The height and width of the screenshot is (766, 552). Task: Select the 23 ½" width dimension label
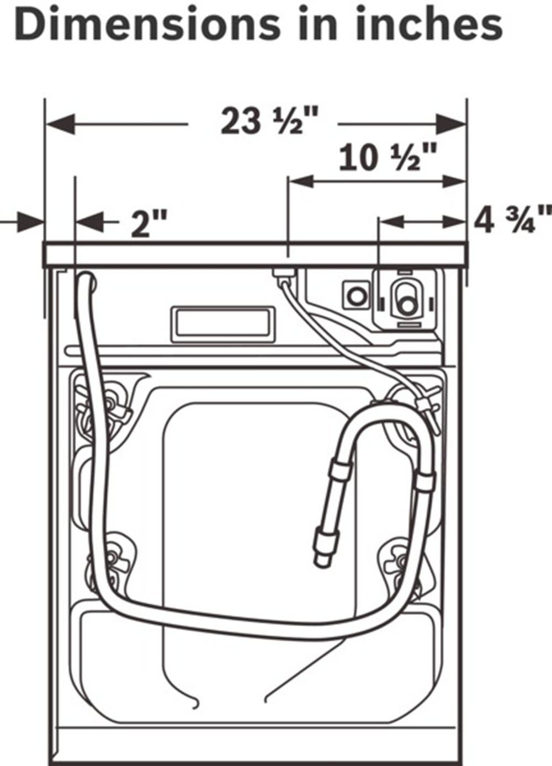pyautogui.click(x=269, y=121)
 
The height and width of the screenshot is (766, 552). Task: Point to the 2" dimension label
pyautogui.click(x=149, y=224)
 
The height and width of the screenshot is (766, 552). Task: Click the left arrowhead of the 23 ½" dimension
pyautogui.click(x=60, y=124)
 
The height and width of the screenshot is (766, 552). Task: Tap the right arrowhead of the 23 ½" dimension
pyautogui.click(x=451, y=124)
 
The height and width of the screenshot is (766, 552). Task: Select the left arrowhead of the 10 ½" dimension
pyautogui.click(x=301, y=181)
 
